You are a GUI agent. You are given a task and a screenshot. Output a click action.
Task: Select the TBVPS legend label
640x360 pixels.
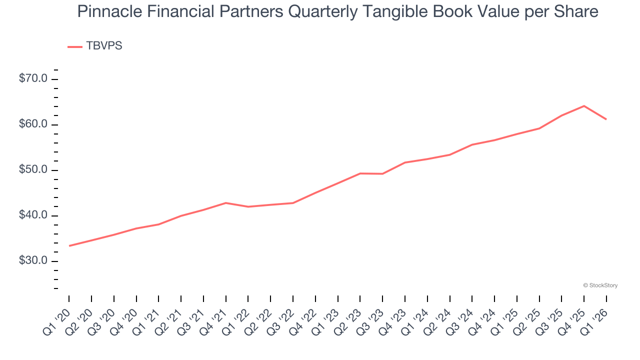[104, 46]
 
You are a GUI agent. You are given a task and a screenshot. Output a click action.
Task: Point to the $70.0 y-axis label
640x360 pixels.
[33, 79]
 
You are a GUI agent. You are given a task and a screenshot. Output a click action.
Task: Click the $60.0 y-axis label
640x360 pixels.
[33, 124]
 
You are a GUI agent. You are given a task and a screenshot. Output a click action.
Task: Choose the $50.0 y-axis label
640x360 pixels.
[33, 170]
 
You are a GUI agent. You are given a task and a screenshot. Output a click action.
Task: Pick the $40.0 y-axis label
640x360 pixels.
[33, 215]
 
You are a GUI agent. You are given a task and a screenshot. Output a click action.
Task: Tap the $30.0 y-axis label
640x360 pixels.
[33, 261]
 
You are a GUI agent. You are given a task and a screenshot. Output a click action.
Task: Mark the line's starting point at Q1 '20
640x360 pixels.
[69, 246]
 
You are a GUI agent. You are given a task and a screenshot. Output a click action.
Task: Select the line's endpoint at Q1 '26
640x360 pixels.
[606, 119]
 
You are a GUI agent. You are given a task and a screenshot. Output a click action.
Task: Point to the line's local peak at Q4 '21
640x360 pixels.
[226, 203]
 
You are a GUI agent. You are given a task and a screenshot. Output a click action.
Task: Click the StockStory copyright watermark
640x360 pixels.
[600, 285]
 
